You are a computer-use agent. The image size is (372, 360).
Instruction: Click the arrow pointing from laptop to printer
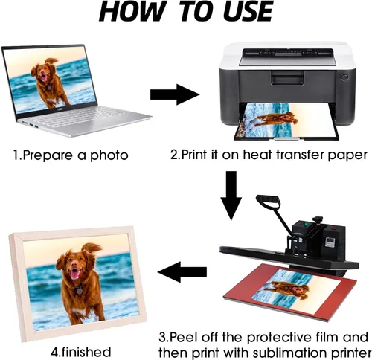[x=175, y=94]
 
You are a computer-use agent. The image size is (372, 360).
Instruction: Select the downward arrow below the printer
[x=231, y=196]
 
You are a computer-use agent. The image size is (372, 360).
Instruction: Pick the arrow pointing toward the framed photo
[x=182, y=272]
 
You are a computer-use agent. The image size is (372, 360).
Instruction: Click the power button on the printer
[x=344, y=77]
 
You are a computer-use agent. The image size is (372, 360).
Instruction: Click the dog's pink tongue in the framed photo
[x=74, y=274]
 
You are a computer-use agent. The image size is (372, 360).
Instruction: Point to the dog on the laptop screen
[x=51, y=83]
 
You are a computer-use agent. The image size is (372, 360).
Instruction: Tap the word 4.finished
[x=81, y=352]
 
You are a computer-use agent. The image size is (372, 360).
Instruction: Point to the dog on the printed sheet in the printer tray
[x=273, y=120]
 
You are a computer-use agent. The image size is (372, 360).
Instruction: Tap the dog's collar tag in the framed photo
[x=80, y=290]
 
